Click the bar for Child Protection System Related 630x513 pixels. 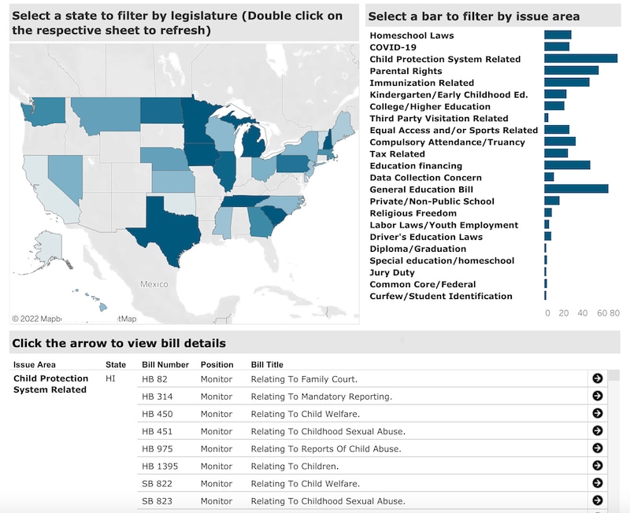point(580,59)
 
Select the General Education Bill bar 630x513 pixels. point(576,189)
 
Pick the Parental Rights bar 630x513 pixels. point(571,71)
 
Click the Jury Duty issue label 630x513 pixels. point(391,272)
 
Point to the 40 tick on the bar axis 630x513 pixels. point(583,313)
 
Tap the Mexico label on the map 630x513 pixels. point(154,284)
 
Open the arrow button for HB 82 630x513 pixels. point(597,378)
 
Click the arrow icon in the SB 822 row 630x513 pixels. point(597,483)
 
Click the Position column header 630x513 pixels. point(217,364)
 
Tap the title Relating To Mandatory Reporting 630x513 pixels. point(321,397)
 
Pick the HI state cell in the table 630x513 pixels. point(111,378)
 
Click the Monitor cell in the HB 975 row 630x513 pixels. point(217,448)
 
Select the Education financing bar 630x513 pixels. point(567,165)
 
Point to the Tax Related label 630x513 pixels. point(397,153)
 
